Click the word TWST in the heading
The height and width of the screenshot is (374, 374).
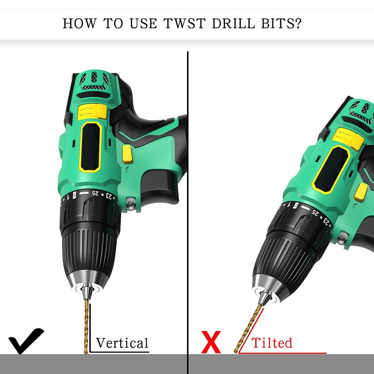[184, 23]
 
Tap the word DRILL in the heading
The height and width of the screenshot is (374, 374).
[233, 23]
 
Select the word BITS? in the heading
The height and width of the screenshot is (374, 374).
[281, 23]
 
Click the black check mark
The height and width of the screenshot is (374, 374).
[26, 341]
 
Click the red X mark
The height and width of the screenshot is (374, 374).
[211, 342]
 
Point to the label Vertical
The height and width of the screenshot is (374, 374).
[122, 343]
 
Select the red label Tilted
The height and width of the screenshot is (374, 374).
[272, 343]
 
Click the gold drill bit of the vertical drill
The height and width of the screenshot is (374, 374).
[86, 326]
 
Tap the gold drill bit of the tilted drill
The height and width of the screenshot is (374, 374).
[248, 328]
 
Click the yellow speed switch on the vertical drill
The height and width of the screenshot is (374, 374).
[92, 112]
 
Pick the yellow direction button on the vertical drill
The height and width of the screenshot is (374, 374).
[127, 154]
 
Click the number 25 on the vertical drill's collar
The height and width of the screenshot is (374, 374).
[95, 193]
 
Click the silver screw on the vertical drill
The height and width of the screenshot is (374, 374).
[131, 204]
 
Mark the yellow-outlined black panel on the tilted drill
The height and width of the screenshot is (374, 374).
[331, 170]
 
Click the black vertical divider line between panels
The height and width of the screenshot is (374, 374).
[188, 212]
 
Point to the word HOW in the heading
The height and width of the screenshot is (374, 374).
[79, 23]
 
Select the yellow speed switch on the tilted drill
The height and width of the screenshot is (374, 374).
[348, 139]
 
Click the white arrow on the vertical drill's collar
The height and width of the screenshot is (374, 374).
[84, 193]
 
